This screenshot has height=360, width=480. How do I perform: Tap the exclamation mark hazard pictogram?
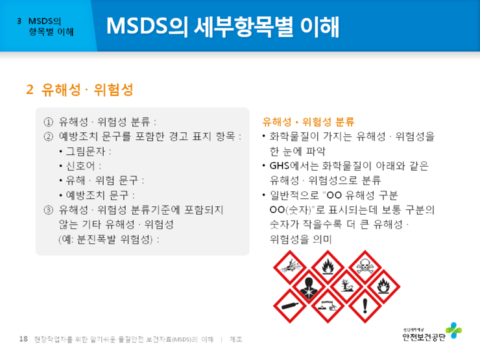365,304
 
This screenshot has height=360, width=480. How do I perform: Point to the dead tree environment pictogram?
345,285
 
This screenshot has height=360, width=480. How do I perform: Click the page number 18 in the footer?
23,339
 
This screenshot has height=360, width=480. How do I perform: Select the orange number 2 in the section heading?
30,89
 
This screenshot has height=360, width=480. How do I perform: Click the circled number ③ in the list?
48,210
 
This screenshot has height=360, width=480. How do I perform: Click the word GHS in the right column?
280,166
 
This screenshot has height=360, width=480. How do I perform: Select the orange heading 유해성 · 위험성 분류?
308,121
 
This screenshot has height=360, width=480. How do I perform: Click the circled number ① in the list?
48,122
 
